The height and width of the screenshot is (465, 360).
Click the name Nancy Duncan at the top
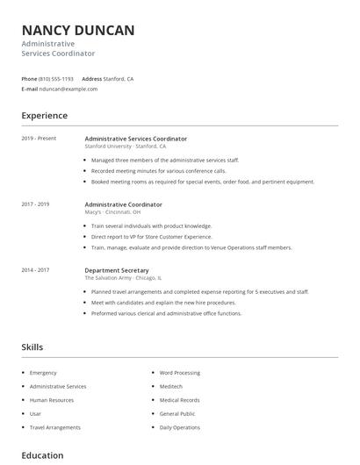pyautogui.click(x=78, y=31)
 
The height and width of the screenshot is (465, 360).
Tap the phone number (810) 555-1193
pyautogui.click(x=56, y=79)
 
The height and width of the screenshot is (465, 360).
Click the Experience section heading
pyautogui.click(x=44, y=116)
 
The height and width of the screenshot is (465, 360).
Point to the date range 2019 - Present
pyautogui.click(x=38, y=139)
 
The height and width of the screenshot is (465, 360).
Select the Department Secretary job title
pyautogui.click(x=117, y=270)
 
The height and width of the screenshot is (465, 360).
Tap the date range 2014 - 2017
pyautogui.click(x=35, y=270)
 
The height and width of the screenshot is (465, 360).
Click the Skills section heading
pyautogui.click(x=32, y=347)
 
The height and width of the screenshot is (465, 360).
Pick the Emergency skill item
pyautogui.click(x=43, y=373)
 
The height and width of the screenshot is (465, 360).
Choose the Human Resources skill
pyautogui.click(x=52, y=400)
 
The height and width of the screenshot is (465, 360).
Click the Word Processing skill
pyautogui.click(x=180, y=373)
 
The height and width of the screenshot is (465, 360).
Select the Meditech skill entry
pyautogui.click(x=171, y=386)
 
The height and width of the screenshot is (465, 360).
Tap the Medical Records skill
pyautogui.click(x=179, y=400)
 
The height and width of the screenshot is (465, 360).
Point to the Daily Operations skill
pyautogui.click(x=180, y=427)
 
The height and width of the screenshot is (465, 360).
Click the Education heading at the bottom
pyautogui.click(x=42, y=455)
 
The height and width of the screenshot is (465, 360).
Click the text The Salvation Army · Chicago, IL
pyautogui.click(x=123, y=277)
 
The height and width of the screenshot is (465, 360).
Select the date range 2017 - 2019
pyautogui.click(x=35, y=204)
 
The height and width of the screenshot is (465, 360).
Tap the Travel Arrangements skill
pyautogui.click(x=54, y=427)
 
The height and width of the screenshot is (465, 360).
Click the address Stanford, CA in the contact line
pyautogui.click(x=119, y=79)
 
